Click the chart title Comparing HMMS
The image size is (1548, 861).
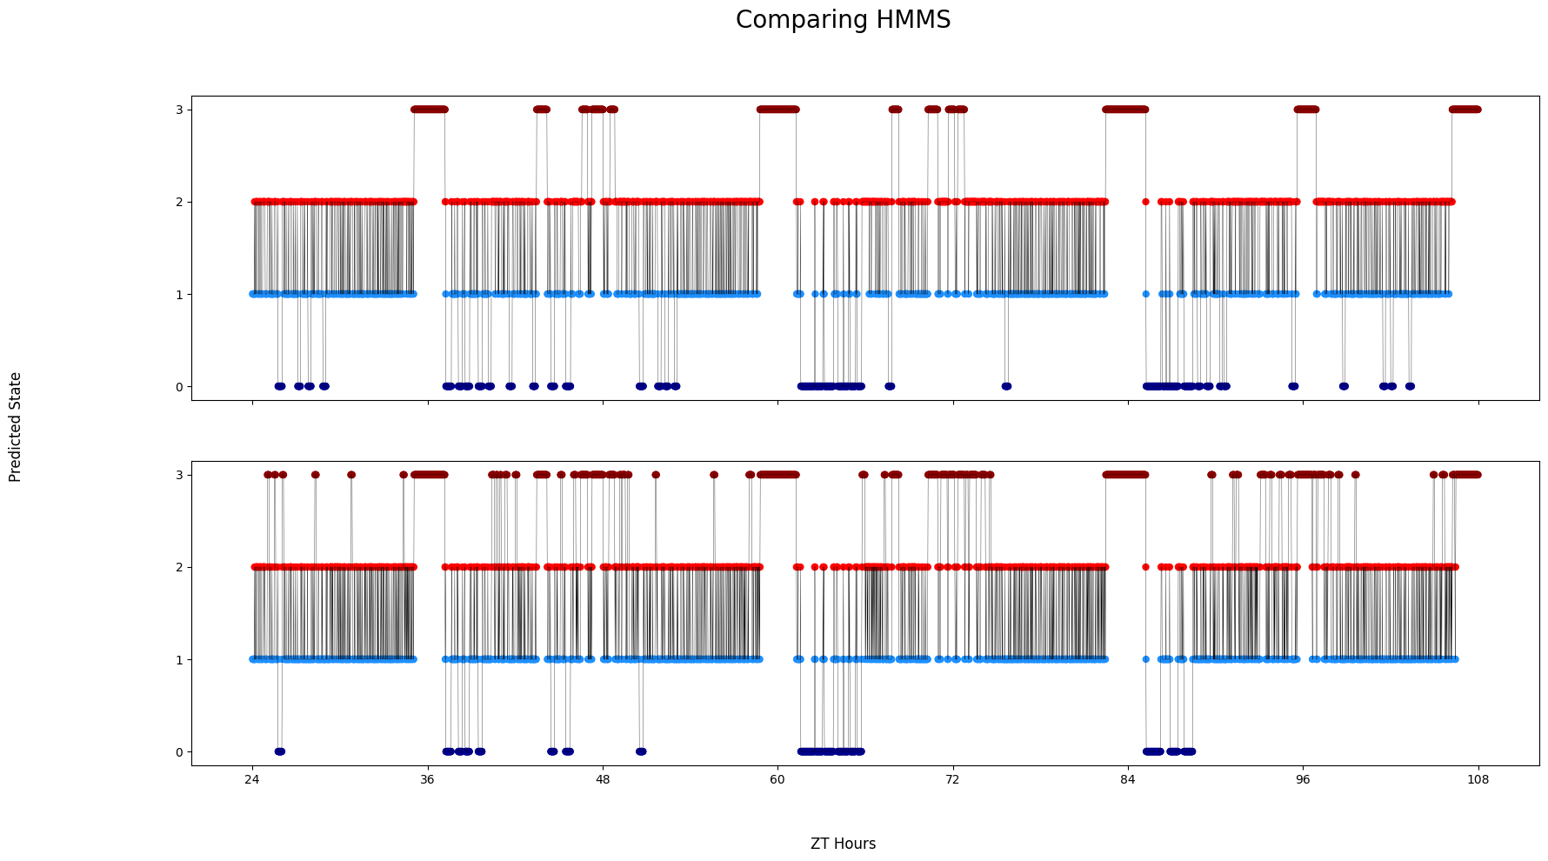843,20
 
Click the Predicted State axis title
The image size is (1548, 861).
16,427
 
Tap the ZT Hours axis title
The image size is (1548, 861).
843,844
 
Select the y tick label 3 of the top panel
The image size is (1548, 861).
179,110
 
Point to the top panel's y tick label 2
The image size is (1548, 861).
179,202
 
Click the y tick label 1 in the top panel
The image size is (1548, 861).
179,294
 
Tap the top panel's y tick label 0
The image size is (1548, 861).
179,386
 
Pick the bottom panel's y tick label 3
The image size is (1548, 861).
179,475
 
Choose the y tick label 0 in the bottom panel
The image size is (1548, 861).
179,751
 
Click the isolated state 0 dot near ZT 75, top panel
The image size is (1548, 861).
1006,386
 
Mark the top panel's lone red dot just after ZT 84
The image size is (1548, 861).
1145,202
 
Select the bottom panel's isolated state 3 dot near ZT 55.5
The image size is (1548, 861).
714,475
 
